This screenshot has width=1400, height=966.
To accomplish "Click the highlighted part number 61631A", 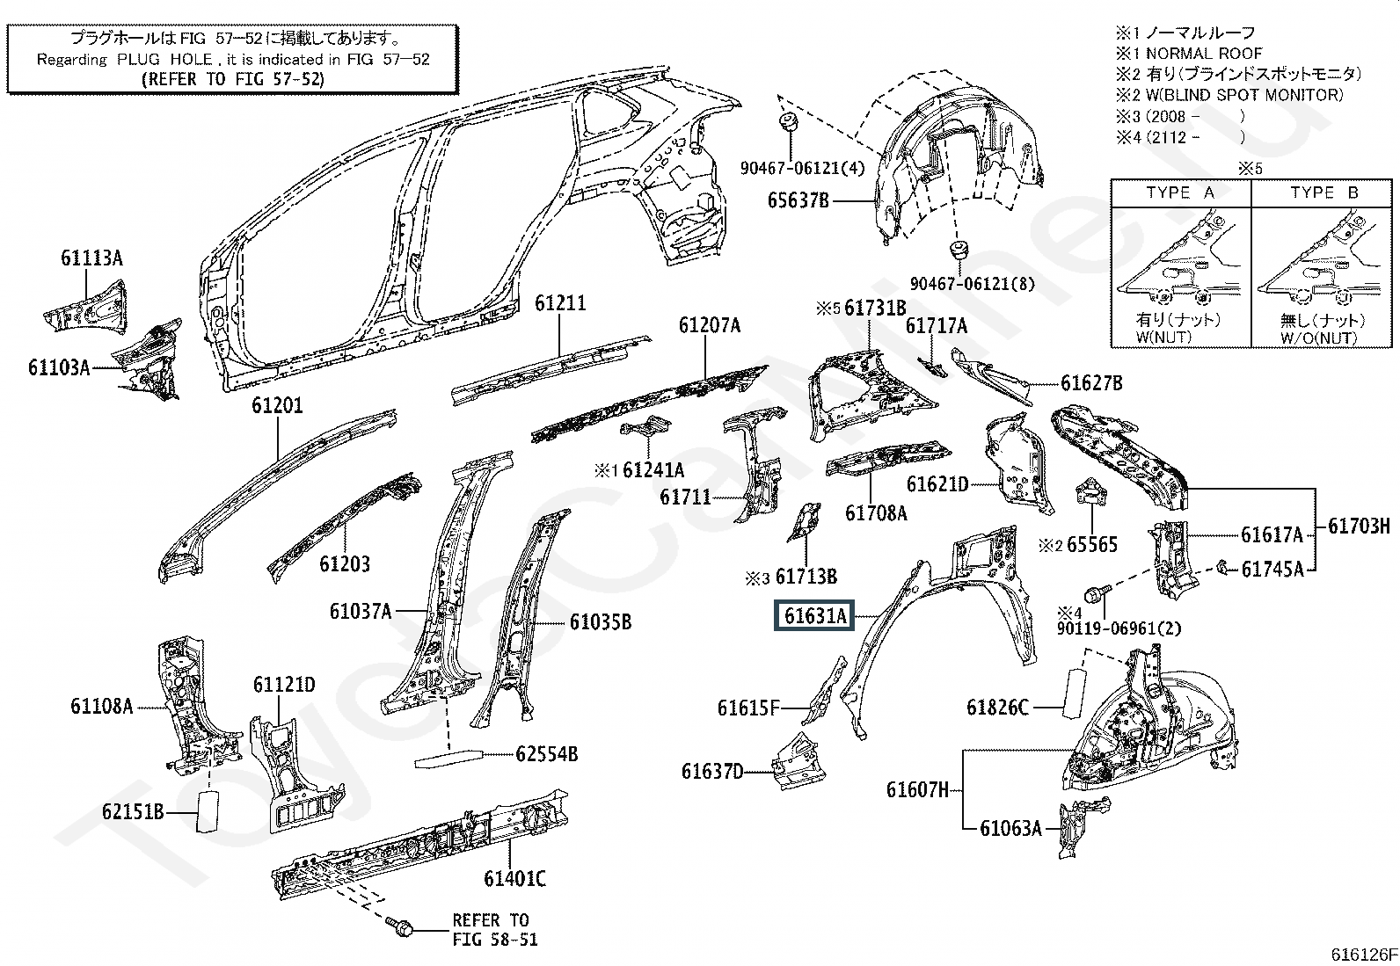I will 816,616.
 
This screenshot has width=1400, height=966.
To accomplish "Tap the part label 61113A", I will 91,258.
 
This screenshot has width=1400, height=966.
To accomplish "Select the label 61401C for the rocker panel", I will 514,878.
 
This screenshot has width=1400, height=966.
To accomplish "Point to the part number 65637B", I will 798,200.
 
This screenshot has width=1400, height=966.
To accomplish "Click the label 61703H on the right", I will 1359,527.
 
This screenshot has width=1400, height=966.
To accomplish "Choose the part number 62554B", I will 546,753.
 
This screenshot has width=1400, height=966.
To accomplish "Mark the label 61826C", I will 997,707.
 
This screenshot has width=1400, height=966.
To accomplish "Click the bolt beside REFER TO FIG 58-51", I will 400,926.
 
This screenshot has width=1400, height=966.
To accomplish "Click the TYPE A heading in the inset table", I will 1180,192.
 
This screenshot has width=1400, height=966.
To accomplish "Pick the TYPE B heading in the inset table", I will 1323,192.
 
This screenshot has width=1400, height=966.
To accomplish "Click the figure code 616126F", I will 1363,954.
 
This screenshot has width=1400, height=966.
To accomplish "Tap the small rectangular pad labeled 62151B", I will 208,810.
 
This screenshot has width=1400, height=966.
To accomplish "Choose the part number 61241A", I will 653,470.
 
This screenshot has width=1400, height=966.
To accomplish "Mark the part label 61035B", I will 600,622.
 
